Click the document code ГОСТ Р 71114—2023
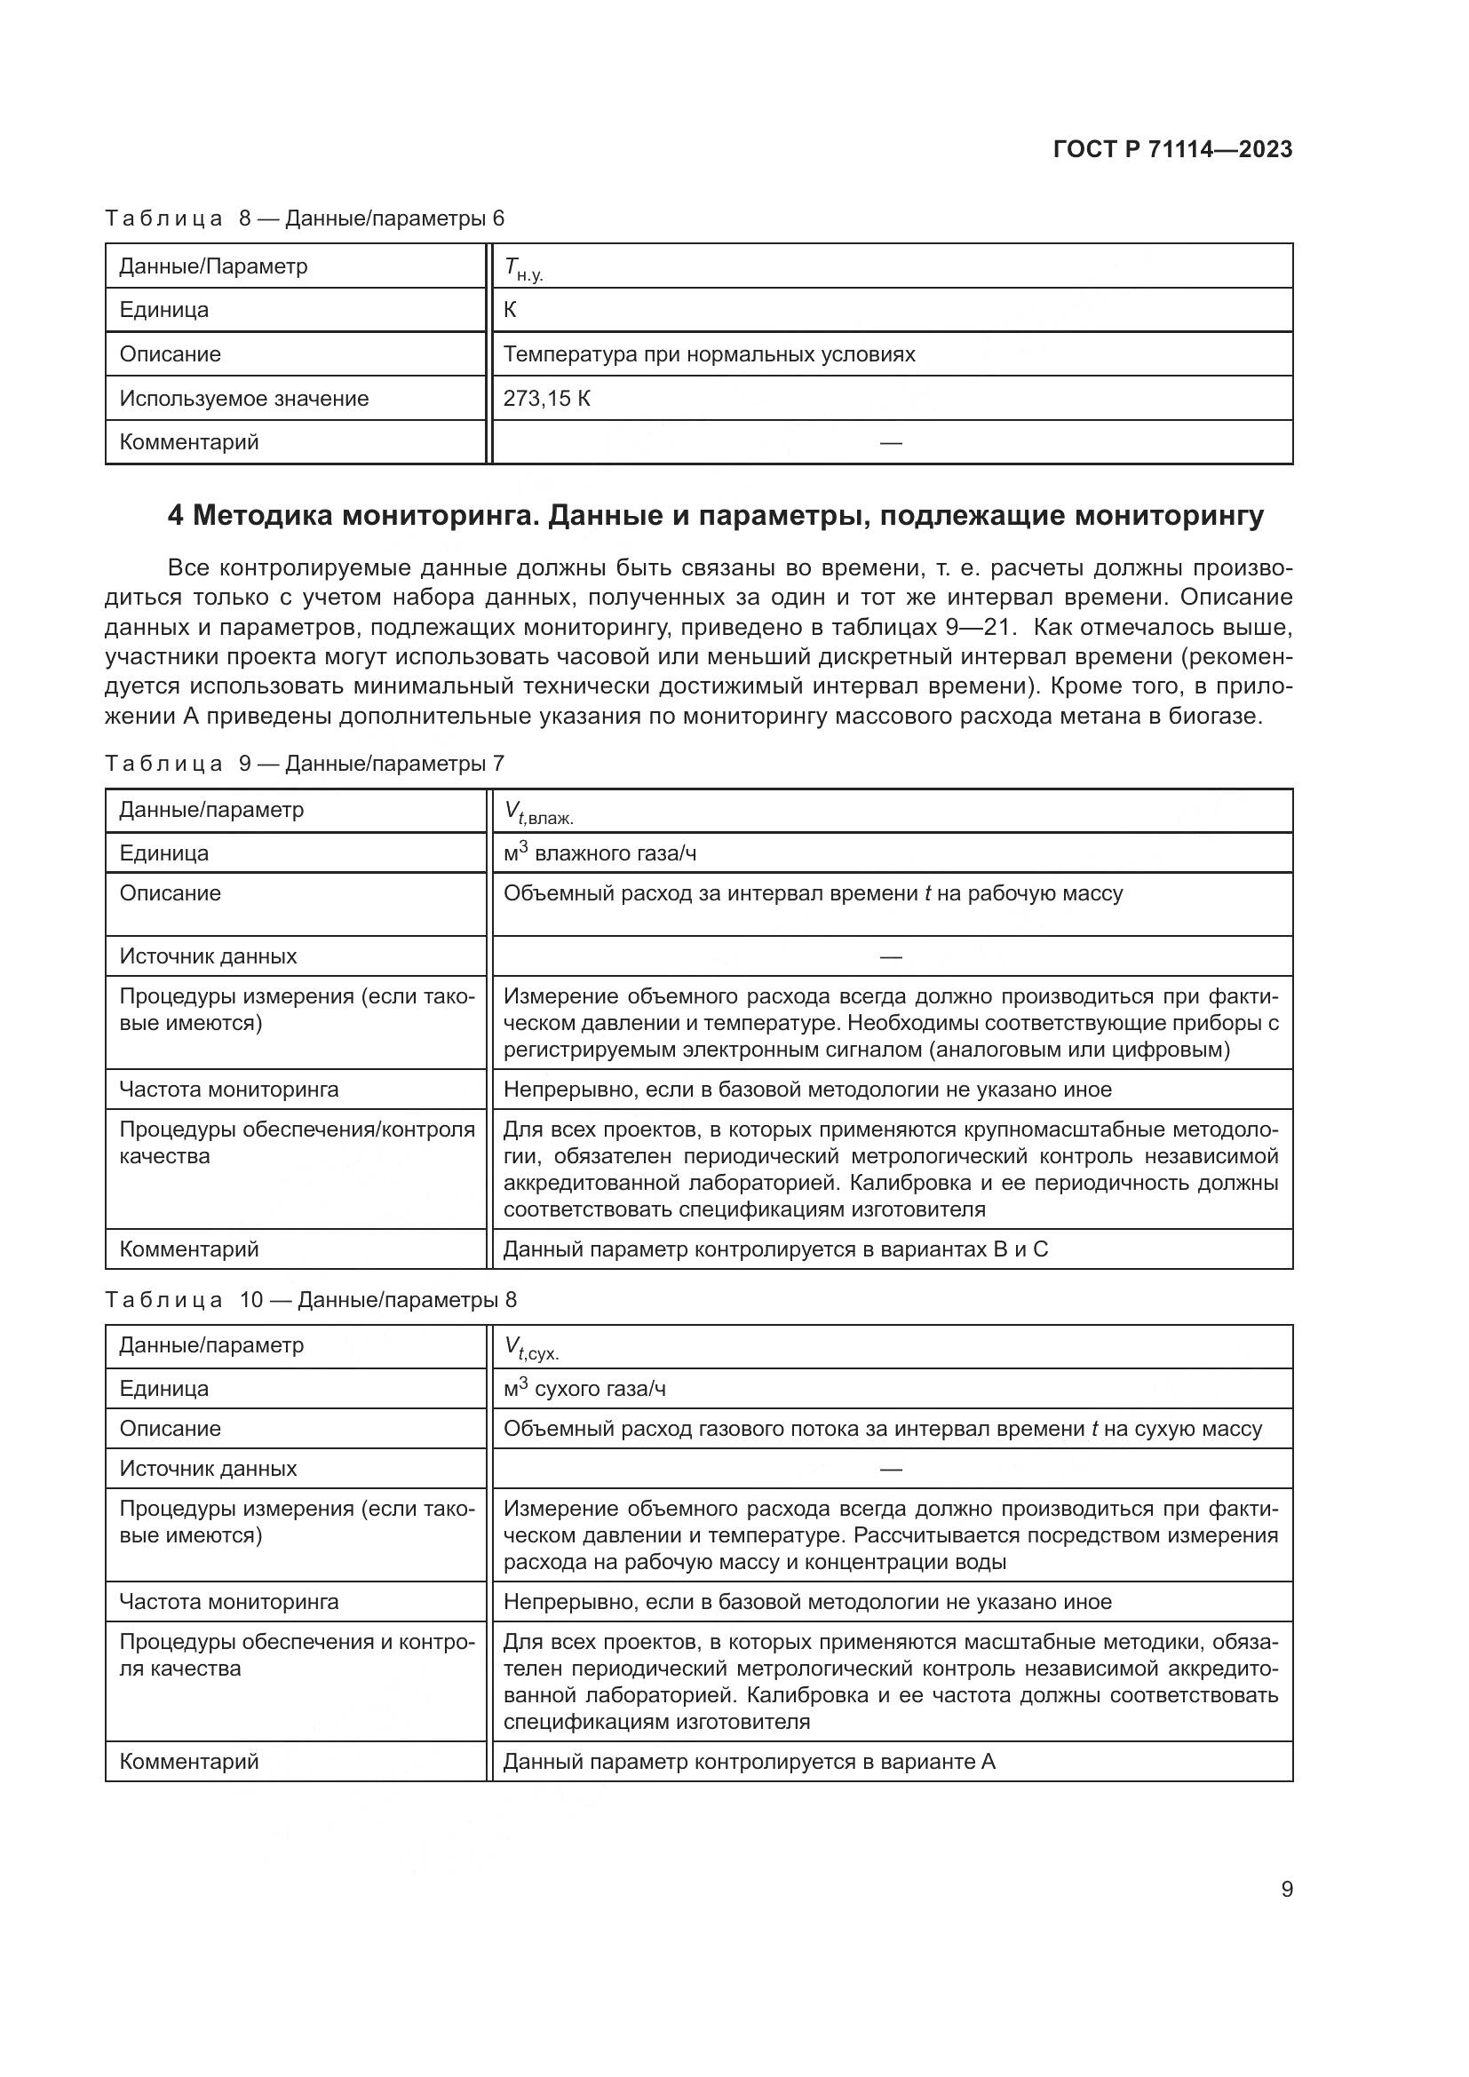(x=1172, y=149)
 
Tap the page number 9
(x=1286, y=1889)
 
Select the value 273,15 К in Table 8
(x=546, y=398)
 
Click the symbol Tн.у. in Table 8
(x=523, y=269)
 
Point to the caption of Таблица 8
(x=304, y=218)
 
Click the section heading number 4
(x=176, y=516)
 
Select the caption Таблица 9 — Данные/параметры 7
(x=304, y=763)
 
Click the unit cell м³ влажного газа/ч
(x=599, y=853)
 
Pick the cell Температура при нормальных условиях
(x=708, y=353)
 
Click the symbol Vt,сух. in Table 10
(x=531, y=1350)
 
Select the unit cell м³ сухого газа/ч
(x=584, y=1389)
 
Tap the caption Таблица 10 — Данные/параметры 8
(x=310, y=1299)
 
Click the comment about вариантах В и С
(x=775, y=1249)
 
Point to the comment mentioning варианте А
(x=748, y=1760)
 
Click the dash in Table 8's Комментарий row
(x=890, y=442)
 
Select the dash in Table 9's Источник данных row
(x=890, y=956)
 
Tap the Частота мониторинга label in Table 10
(x=229, y=1601)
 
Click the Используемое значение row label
(x=244, y=398)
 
